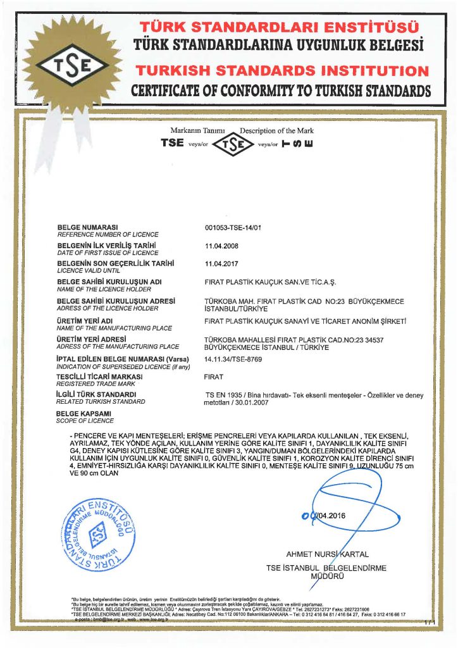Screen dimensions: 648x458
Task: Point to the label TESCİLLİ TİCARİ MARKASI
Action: coord(99,376)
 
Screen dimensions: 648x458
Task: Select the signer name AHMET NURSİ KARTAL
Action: coord(327,554)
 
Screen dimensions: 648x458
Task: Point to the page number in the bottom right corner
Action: coord(430,624)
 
